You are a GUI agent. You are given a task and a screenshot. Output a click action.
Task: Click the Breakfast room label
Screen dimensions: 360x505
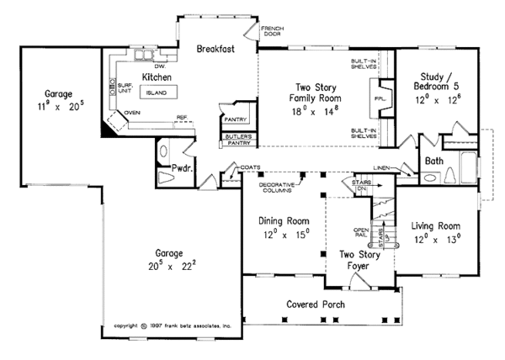coord(215,50)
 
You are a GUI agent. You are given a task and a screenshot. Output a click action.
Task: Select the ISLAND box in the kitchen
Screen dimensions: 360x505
coord(157,93)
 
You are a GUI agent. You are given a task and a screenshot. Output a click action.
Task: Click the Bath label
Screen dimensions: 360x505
coord(435,160)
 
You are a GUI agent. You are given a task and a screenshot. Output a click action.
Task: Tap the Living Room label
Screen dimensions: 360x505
coord(436,226)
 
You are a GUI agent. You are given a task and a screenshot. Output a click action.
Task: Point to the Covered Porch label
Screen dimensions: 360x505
coord(316,304)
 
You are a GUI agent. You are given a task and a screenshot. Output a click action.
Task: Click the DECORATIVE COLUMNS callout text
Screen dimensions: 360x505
coord(278,188)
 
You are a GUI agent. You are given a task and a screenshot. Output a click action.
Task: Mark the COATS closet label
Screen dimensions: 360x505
coord(250,167)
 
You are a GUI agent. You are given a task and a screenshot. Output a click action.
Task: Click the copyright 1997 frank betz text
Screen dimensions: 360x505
coord(172,324)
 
